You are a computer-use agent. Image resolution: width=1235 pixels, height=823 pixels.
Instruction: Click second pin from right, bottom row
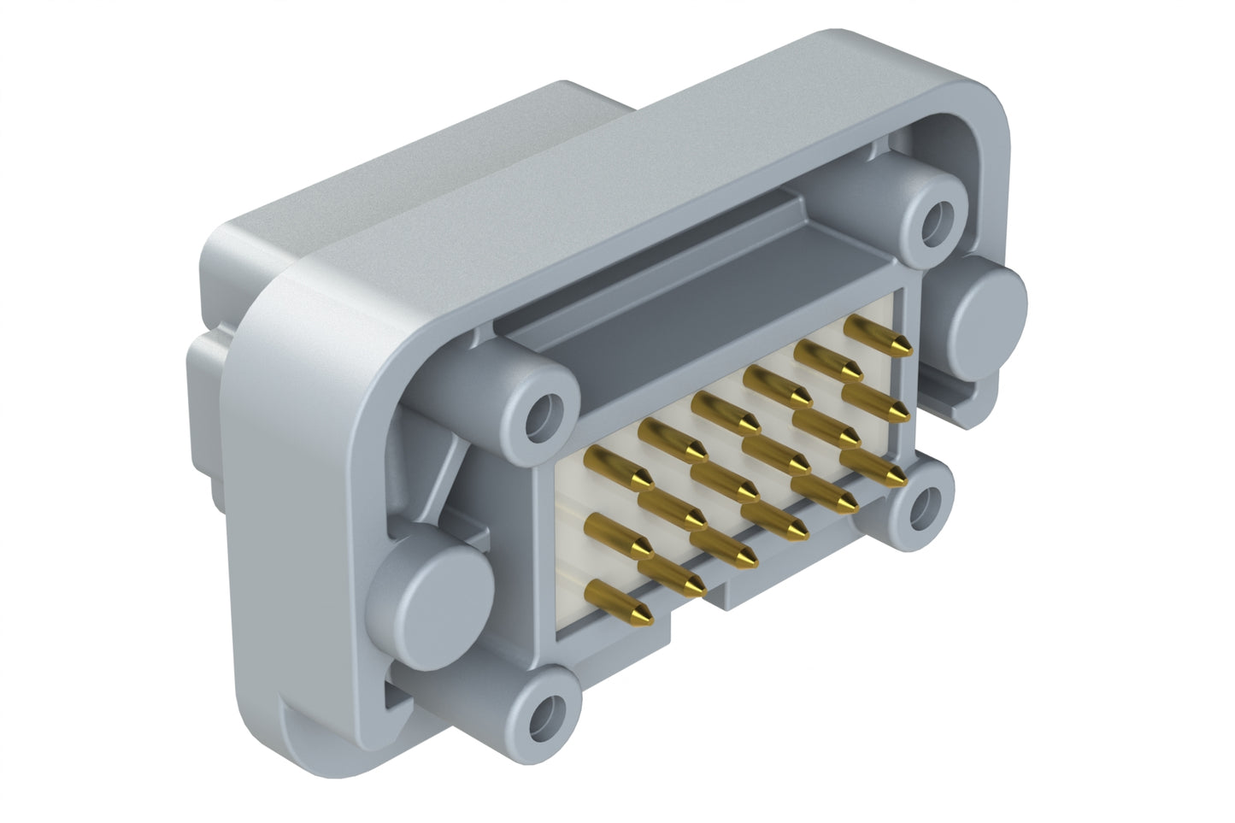(x=826, y=494)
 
